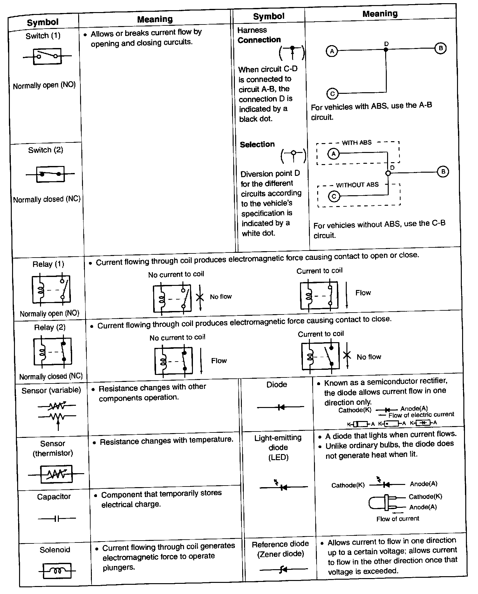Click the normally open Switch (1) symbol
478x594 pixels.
coord(47,56)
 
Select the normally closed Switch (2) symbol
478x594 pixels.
coord(50,174)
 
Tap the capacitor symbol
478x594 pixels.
coord(57,519)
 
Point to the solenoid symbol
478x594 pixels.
coord(57,571)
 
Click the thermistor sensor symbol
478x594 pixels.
coord(56,474)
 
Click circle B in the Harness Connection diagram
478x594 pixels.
coord(440,48)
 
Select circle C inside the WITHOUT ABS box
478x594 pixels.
coord(334,196)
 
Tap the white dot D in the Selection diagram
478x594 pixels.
coord(388,173)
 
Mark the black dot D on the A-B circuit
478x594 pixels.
coord(386,50)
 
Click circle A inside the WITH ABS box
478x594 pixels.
coord(333,154)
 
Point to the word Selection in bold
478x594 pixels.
coord(257,144)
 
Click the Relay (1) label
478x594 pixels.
coord(48,264)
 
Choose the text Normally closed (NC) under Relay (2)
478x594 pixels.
coord(51,376)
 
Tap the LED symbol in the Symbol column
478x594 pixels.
coord(282,487)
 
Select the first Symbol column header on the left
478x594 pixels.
coord(43,22)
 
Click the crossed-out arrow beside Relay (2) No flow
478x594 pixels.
coord(347,355)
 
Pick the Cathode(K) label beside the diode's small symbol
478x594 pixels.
coord(355,410)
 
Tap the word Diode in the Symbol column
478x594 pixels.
coord(277,384)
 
